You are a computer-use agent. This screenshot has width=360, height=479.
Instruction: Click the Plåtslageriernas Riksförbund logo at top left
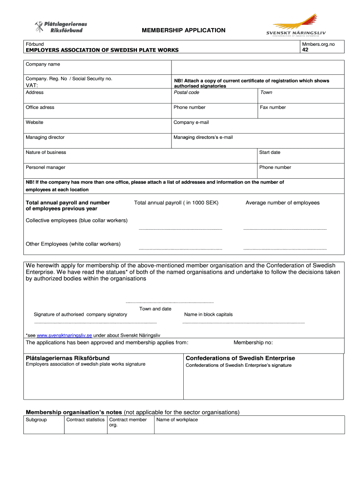61,27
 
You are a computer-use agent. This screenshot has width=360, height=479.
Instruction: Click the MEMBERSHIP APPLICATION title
184,30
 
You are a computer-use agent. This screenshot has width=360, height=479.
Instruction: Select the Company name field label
43,64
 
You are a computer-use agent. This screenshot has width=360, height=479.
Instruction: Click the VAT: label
32,86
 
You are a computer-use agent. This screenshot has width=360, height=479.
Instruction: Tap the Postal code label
187,92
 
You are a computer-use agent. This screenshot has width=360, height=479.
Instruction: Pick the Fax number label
273,107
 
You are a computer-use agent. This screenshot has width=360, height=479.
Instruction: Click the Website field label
35,122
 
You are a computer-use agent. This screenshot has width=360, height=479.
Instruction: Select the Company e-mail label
191,122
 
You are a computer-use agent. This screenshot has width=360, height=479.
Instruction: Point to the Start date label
270,152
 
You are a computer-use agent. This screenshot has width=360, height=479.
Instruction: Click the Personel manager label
45,167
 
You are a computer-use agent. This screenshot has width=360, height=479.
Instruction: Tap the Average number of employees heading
282,203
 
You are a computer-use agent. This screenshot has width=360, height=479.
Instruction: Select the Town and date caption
155,309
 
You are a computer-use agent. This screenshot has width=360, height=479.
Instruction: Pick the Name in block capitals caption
208,314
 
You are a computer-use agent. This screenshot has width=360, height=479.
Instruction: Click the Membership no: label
253,342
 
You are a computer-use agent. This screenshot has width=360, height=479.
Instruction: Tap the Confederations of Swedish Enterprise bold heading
240,358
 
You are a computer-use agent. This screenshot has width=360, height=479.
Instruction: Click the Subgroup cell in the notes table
36,420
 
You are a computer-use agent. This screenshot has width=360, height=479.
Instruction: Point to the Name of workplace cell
177,420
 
